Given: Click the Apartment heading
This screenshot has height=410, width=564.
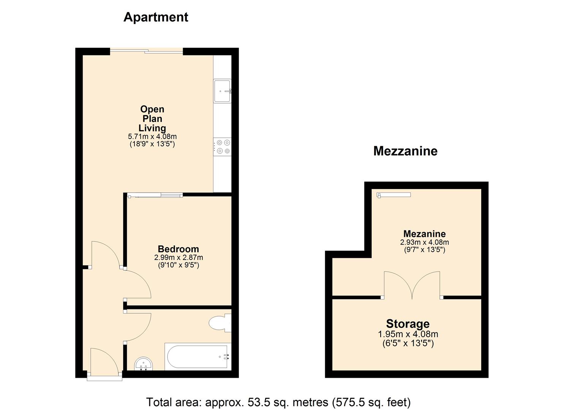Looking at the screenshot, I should (156, 17).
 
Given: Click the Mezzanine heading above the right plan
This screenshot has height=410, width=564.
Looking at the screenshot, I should (405, 151).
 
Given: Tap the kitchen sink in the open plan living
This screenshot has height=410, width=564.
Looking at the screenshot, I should (222, 91).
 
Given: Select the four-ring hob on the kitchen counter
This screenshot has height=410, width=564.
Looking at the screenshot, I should (223, 147).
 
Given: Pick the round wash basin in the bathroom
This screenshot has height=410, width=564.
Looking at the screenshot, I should (144, 364).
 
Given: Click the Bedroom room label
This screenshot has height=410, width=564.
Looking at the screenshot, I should (178, 249).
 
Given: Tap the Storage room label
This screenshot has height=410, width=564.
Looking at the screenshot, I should (408, 324).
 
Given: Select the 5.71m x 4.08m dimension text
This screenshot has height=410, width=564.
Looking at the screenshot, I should (152, 136).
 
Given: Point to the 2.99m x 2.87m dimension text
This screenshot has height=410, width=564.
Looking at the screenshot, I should (178, 257).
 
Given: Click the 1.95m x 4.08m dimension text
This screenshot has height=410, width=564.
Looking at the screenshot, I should (408, 334).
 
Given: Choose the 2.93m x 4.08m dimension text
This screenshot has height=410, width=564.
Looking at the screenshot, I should (424, 242).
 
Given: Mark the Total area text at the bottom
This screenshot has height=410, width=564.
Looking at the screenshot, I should (278, 402).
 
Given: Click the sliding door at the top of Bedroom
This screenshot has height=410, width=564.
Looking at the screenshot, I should (155, 196).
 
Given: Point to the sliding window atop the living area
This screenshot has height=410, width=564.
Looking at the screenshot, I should (146, 50).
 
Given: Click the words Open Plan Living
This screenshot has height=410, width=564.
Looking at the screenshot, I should (152, 118).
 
